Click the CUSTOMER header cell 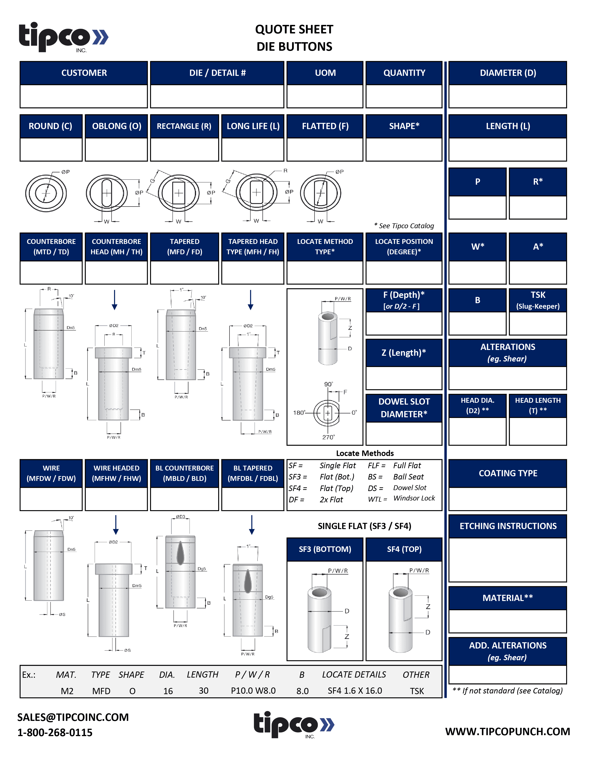[x=84, y=73]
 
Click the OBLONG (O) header [x=117, y=126]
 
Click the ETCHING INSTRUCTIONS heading [x=508, y=526]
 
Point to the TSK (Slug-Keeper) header [x=538, y=300]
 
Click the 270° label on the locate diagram [x=328, y=437]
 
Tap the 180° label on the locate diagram [x=299, y=413]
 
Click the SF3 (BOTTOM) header [x=325, y=549]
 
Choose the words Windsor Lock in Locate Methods [x=414, y=498]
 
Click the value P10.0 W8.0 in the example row [x=253, y=691]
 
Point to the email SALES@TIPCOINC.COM [x=73, y=717]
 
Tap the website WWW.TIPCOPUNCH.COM [x=507, y=731]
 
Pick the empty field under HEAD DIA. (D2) [x=477, y=431]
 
